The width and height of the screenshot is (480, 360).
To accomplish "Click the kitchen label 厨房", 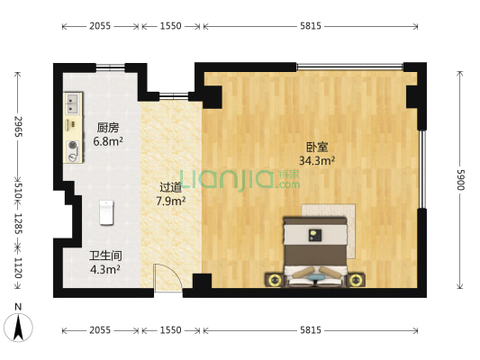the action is [108, 128].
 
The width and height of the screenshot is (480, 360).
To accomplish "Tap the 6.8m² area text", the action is [108, 141].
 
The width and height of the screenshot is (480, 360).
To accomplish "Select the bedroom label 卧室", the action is [317, 147].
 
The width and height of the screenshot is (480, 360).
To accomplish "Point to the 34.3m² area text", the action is [316, 160].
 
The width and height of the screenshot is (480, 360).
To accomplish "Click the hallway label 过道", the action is [171, 187].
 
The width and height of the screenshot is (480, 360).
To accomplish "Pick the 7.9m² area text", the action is [171, 201].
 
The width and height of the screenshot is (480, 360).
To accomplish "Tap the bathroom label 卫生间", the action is [105, 256].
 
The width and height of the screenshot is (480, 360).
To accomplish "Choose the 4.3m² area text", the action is [105, 269].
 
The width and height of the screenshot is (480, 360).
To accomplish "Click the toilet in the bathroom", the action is [106, 212].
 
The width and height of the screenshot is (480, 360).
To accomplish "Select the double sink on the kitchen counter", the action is [73, 103].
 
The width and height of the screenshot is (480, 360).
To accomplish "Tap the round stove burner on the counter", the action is [73, 145].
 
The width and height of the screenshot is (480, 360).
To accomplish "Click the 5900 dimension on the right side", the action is [460, 179].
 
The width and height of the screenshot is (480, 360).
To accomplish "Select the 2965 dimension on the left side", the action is [18, 126].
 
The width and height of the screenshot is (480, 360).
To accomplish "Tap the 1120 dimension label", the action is [18, 267].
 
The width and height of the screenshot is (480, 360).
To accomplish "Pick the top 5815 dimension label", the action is [311, 26].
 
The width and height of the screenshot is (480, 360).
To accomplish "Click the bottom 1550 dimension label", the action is [171, 330].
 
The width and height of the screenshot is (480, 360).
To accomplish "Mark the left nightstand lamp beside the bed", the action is [274, 280].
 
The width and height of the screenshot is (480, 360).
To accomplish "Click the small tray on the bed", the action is [314, 235].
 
